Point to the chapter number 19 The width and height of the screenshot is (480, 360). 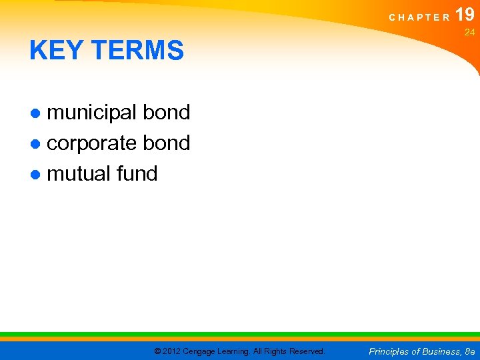pyautogui.click(x=465, y=15)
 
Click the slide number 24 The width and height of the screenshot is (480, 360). pyautogui.click(x=469, y=32)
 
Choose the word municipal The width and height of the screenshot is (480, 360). pyautogui.click(x=93, y=112)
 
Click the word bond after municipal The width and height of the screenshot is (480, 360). pyautogui.click(x=167, y=112)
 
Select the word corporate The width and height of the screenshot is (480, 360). pyautogui.click(x=93, y=143)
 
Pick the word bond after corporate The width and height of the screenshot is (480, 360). pyautogui.click(x=167, y=143)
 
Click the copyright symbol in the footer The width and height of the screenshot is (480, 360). pyautogui.click(x=157, y=351)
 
